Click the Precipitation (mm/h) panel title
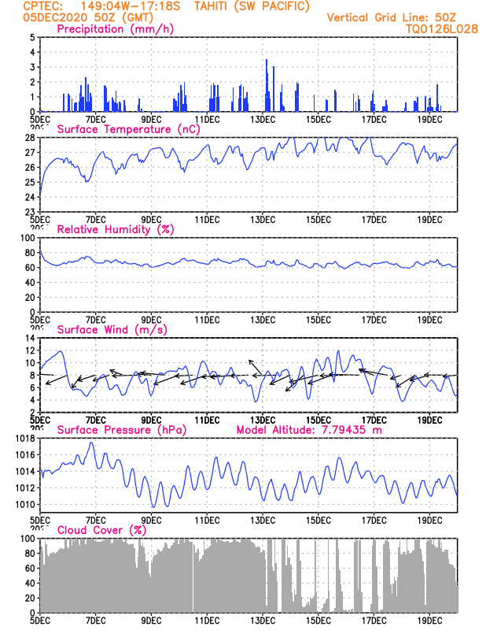(x=115, y=29)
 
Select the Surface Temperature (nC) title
(x=128, y=129)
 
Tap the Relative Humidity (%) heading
(x=116, y=229)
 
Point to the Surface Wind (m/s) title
(x=112, y=330)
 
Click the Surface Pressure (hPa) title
(x=122, y=430)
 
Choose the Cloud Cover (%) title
(x=101, y=530)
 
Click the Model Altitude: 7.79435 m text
(x=309, y=430)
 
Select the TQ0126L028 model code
(x=442, y=29)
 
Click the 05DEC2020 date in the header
(x=55, y=17)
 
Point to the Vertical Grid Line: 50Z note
(x=392, y=17)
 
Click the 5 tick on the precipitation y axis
(x=32, y=37)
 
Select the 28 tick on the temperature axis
(x=31, y=138)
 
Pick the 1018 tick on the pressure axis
(x=25, y=439)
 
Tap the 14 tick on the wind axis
(x=31, y=338)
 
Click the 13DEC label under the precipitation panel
(x=263, y=120)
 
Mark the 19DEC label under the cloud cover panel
(x=430, y=621)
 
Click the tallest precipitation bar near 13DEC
(x=267, y=85)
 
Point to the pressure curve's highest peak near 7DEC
(x=91, y=443)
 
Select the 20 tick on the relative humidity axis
(x=31, y=298)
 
